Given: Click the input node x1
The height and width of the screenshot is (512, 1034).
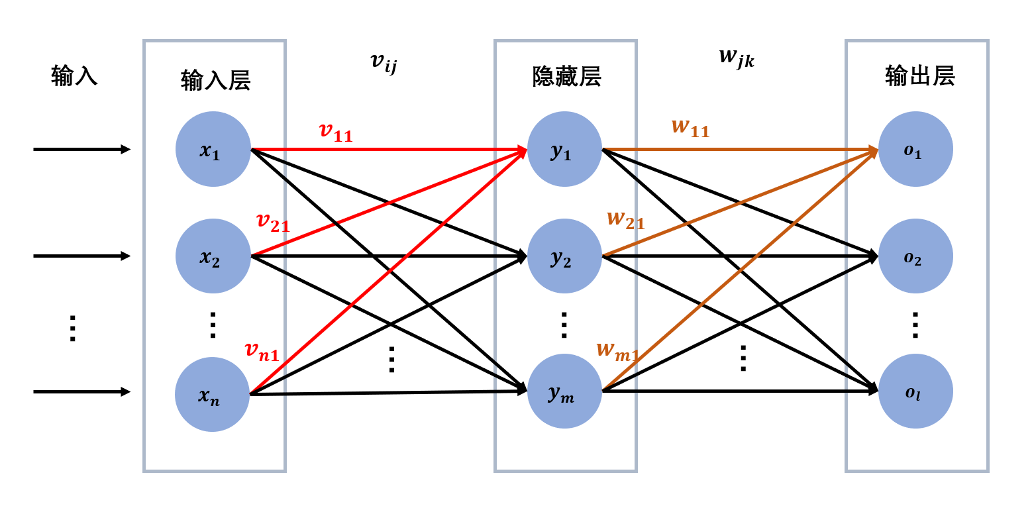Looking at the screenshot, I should tap(213, 149).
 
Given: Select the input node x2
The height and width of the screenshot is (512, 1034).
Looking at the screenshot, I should tap(213, 256).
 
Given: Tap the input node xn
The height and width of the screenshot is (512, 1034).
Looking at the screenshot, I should tap(213, 394).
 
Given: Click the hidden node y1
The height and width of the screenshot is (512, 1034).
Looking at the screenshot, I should tap(564, 149).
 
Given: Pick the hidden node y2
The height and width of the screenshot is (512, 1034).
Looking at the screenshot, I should tap(564, 256).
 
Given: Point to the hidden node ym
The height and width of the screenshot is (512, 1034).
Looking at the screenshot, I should tap(564, 391).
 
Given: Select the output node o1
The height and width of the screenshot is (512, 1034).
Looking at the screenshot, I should tap(915, 149).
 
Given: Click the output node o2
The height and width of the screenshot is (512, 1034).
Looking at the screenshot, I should tap(915, 256).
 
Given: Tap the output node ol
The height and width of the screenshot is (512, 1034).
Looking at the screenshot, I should tap(915, 391).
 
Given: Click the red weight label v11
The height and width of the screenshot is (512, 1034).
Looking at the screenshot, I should tap(336, 132).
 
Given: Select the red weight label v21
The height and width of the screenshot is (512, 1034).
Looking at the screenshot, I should tap(273, 223).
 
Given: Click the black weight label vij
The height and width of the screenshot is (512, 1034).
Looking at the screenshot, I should tap(384, 63).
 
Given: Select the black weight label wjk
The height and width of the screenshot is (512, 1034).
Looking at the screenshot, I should tap(737, 58).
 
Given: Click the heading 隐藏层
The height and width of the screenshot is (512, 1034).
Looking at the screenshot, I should tap(566, 77).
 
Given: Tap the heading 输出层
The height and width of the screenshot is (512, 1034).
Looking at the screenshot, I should tap(919, 77).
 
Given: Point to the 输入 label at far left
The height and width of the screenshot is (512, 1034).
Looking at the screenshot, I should tap(74, 77).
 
